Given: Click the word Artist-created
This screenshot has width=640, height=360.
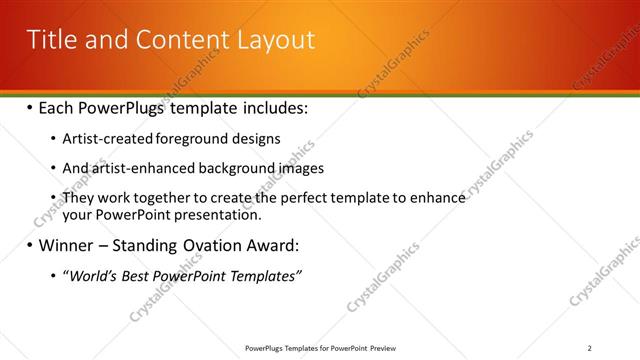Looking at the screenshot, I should pos(103,138).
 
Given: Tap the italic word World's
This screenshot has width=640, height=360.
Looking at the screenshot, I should pos(93,276).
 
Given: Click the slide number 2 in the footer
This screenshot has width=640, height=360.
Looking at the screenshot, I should pos(590,348).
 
